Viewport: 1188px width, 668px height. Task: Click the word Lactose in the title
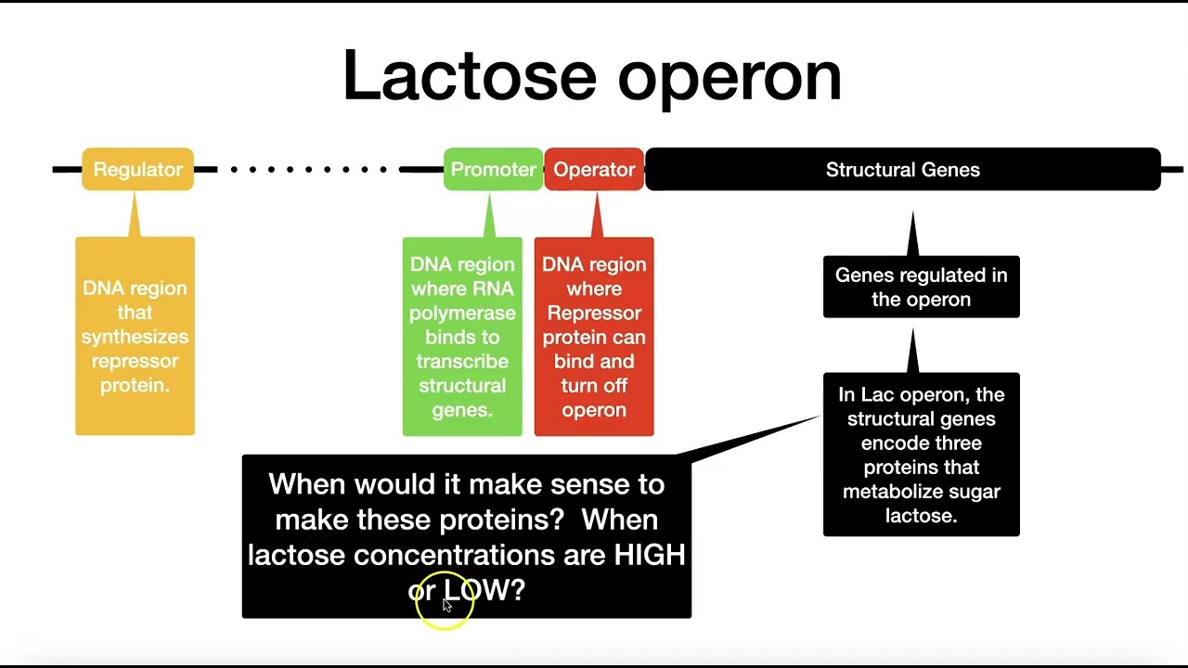click(x=471, y=75)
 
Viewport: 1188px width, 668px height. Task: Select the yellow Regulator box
click(x=137, y=170)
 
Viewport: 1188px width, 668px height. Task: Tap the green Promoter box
click(x=493, y=170)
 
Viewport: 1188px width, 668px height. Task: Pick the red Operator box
click(x=594, y=170)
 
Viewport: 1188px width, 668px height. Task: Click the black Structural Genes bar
click(x=902, y=170)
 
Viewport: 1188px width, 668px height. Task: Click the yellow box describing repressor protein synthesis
click(x=135, y=336)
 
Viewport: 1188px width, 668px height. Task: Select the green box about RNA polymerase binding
click(x=462, y=336)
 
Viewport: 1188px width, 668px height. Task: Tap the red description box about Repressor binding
click(x=594, y=336)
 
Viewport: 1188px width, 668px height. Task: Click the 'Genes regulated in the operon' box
click(x=921, y=288)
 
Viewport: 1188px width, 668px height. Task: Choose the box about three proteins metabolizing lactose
click(x=921, y=455)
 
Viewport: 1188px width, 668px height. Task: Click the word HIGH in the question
click(x=650, y=555)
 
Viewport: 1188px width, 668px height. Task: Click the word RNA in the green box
click(x=495, y=289)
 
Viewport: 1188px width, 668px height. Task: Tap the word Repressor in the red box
click(x=594, y=313)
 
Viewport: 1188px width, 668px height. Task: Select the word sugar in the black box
click(x=974, y=492)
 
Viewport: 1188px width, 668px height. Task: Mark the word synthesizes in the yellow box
click(x=135, y=337)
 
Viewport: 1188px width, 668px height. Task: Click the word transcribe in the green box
click(x=462, y=362)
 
